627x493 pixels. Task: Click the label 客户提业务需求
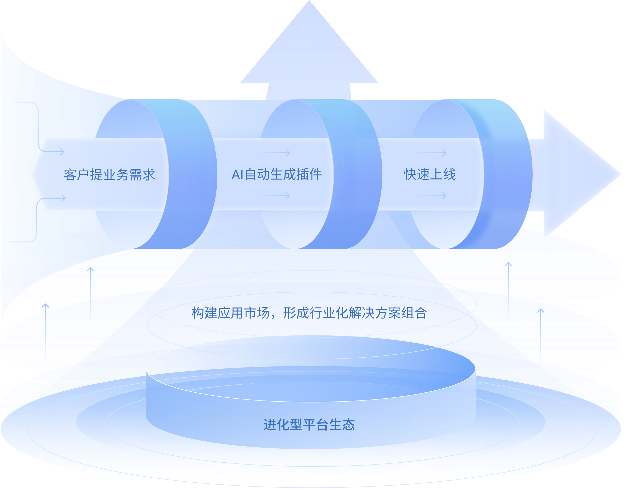coord(109,175)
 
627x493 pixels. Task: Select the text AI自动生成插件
coord(277,175)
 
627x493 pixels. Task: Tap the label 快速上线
coord(430,174)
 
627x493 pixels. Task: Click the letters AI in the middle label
coord(237,175)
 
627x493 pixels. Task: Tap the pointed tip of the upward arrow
coord(309,2)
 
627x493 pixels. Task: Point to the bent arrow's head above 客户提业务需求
coord(62,151)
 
